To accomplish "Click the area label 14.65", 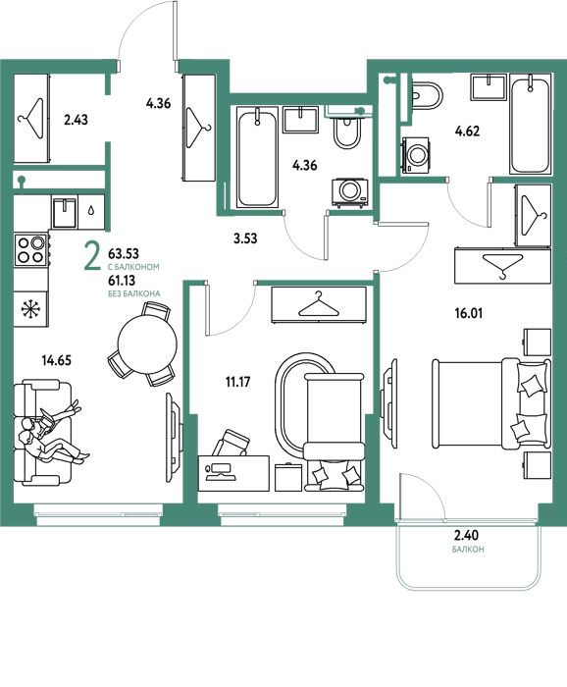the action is [57, 360].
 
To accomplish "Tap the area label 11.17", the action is [237, 382].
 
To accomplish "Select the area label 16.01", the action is [469, 313].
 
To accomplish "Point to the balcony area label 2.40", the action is [466, 535].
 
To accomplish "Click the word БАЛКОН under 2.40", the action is [468, 549].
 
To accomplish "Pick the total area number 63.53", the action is [124, 253].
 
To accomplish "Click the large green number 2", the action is [92, 257].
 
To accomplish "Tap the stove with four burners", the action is [30, 249].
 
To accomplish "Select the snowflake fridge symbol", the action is [30, 309].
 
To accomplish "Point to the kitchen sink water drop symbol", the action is [90, 211].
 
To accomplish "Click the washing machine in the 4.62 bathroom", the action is [415, 155].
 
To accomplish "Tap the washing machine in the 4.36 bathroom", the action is [350, 191].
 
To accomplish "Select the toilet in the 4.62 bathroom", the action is [427, 95].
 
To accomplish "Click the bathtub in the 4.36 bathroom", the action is [257, 157].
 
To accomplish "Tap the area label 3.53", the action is [245, 238].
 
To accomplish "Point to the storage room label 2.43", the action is [76, 119].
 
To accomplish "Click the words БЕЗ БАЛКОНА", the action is [134, 293].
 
